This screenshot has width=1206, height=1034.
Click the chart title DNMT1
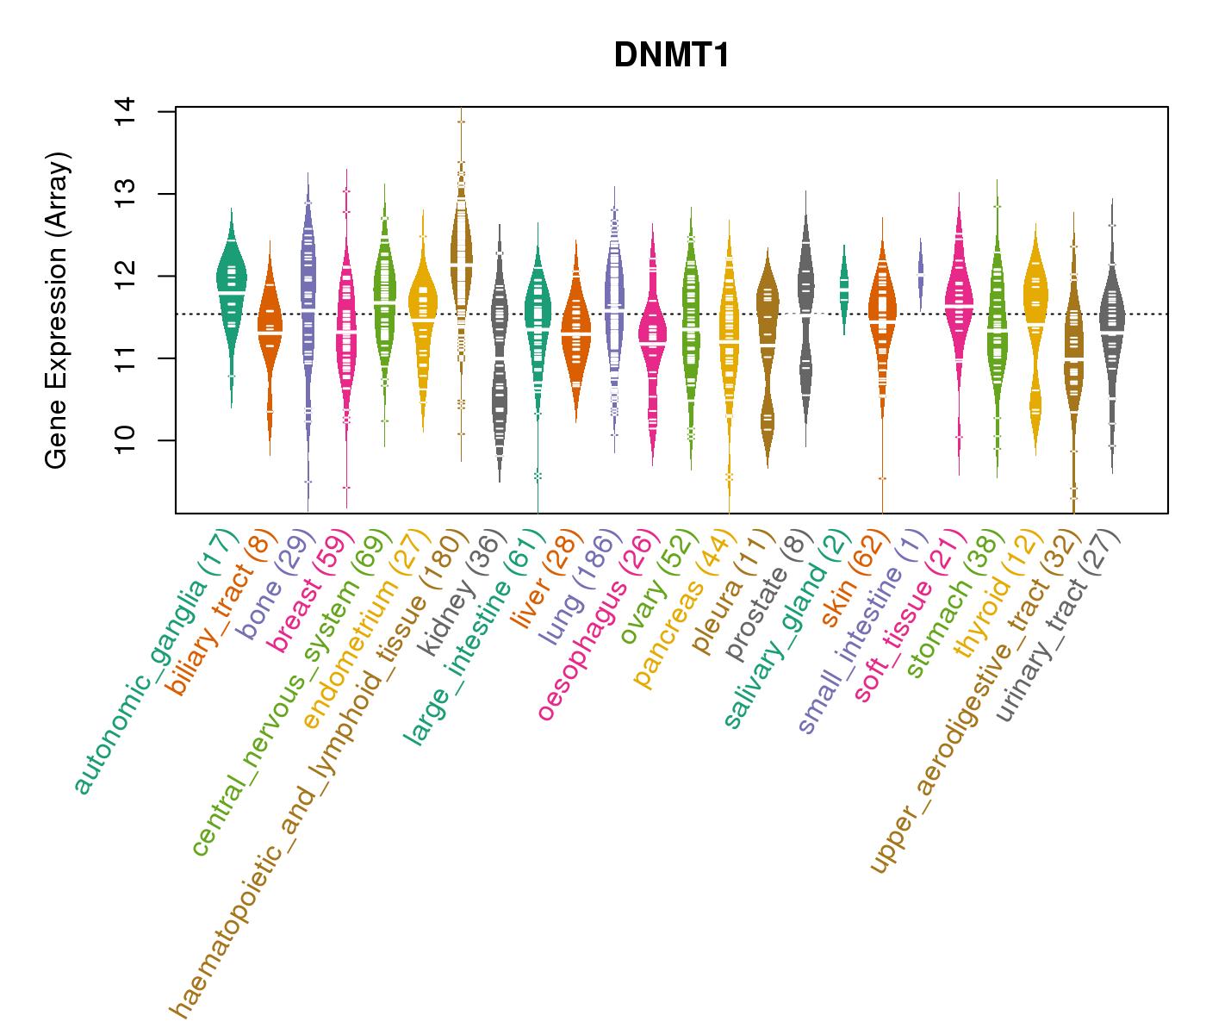(672, 56)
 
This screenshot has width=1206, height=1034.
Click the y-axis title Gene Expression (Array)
(57, 310)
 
